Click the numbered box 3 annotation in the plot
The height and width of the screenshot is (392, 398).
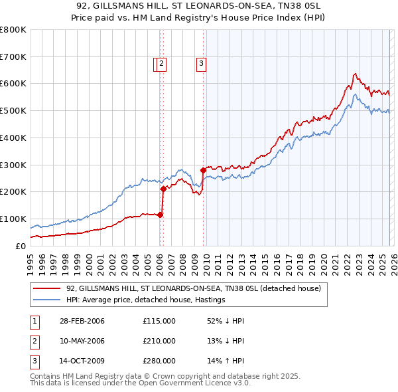[x=200, y=64]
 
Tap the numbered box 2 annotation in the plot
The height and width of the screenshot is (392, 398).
[x=162, y=64]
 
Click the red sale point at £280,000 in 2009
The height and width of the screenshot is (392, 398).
[x=203, y=170]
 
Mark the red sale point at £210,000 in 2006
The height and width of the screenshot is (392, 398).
[x=163, y=189]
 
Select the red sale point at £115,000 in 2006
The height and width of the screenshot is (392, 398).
[x=161, y=214]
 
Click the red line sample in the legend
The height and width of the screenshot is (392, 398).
[x=48, y=288]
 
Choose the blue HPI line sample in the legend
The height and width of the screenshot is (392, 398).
[x=48, y=300]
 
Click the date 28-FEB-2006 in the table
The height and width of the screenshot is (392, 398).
[x=82, y=321]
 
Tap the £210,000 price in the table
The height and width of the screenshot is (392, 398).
[x=159, y=341]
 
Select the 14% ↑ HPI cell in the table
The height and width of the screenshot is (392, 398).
[x=226, y=361]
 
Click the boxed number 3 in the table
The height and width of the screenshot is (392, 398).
[x=34, y=361]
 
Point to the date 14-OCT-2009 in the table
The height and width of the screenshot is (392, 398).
[x=82, y=361]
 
